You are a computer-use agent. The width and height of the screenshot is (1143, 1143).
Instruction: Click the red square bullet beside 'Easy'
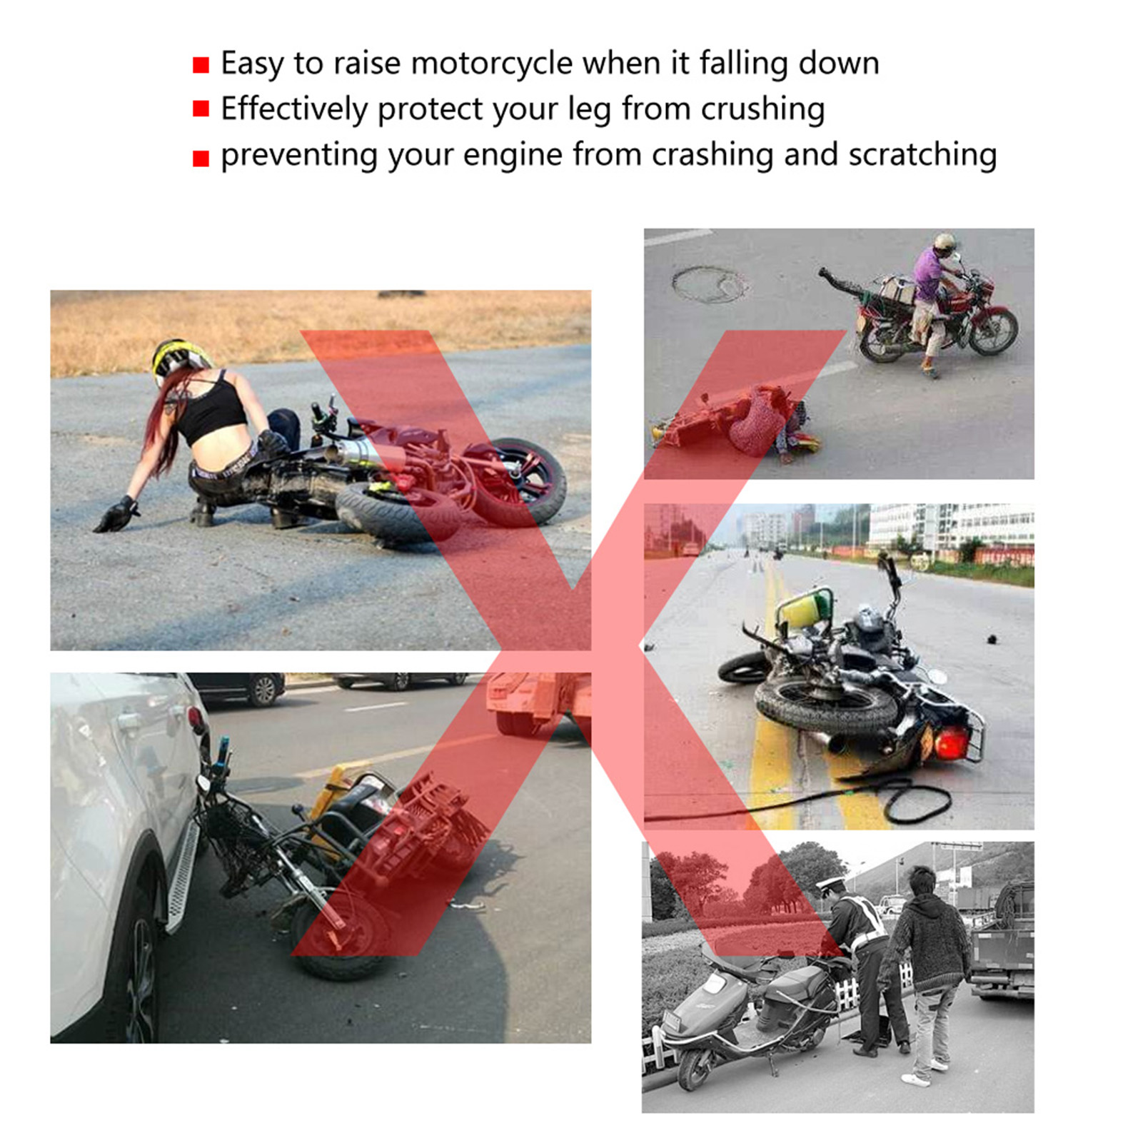pos(201,66)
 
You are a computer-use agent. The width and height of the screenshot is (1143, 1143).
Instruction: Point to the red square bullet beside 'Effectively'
pos(201,109)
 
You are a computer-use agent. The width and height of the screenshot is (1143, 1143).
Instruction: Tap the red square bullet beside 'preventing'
pos(201,158)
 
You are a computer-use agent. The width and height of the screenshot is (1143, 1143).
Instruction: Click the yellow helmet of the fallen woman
pos(179,359)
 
